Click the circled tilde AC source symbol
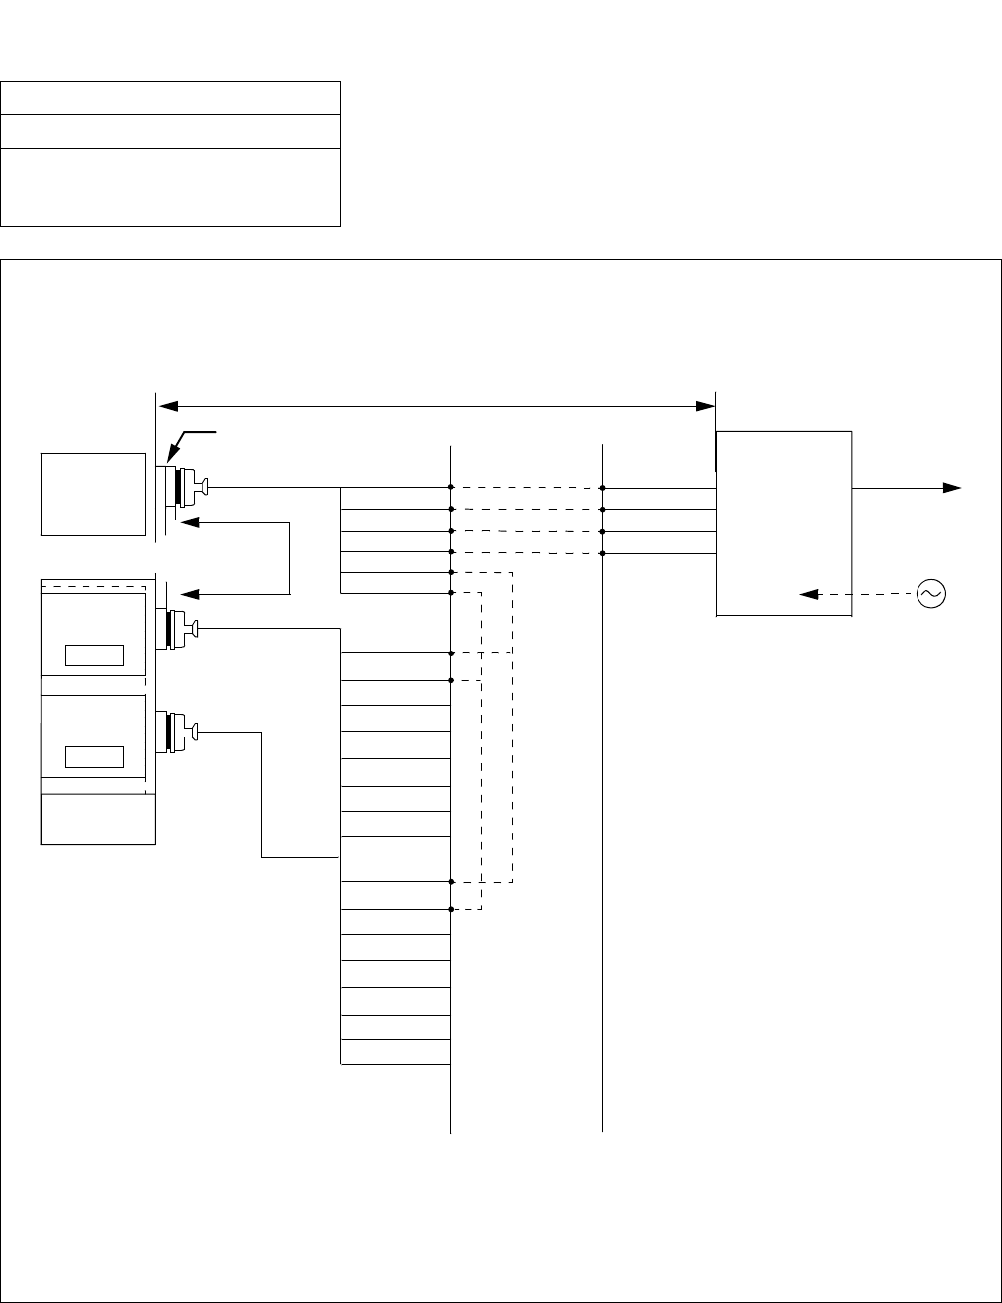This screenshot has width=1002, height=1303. [x=931, y=594]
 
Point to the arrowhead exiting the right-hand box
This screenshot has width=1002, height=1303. [x=953, y=487]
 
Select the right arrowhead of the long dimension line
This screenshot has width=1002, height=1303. [x=706, y=405]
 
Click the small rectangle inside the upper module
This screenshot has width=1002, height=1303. [x=94, y=654]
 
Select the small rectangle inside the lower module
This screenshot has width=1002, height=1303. [x=94, y=756]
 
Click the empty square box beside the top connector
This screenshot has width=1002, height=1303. [x=90, y=493]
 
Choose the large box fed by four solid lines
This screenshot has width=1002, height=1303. [x=783, y=523]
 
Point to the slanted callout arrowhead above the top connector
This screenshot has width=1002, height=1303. [x=170, y=458]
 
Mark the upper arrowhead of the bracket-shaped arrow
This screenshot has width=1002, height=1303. [x=187, y=522]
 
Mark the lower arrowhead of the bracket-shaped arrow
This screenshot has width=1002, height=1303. [x=187, y=594]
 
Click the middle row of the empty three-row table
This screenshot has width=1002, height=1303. [x=171, y=131]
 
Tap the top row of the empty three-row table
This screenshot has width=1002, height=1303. [x=171, y=97]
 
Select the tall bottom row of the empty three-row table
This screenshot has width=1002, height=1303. [x=171, y=187]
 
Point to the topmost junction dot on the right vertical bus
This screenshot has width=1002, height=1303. [x=603, y=488]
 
